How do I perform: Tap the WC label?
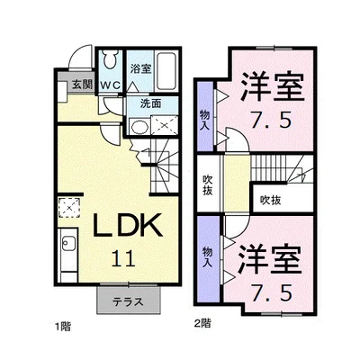(110, 85)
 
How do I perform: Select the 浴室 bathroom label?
(139, 68)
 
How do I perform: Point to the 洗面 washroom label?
(149, 104)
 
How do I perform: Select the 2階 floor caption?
(202, 321)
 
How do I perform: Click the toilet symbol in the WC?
(109, 63)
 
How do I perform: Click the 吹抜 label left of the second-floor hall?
(206, 185)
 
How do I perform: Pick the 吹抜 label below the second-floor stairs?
(271, 199)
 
